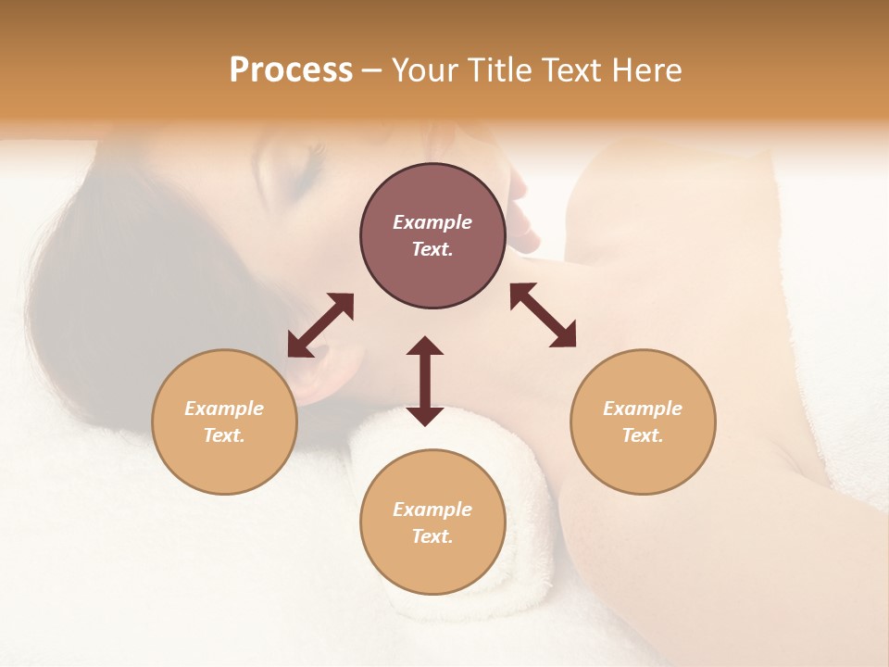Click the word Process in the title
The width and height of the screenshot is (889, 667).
click(x=291, y=70)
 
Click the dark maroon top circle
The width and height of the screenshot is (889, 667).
click(x=432, y=236)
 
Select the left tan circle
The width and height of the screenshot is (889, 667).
click(x=224, y=422)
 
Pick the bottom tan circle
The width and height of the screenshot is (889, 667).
click(x=432, y=522)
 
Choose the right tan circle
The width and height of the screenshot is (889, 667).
click(x=643, y=422)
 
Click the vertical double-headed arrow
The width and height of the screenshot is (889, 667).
click(x=425, y=381)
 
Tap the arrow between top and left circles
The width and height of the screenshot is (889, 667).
click(x=320, y=325)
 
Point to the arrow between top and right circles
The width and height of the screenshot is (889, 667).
click(x=543, y=315)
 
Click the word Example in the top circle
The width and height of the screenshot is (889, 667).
click(x=432, y=222)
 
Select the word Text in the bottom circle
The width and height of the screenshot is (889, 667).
click(x=431, y=536)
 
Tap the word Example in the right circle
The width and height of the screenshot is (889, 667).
click(x=643, y=409)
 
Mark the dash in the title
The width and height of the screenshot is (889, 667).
click(x=371, y=70)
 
